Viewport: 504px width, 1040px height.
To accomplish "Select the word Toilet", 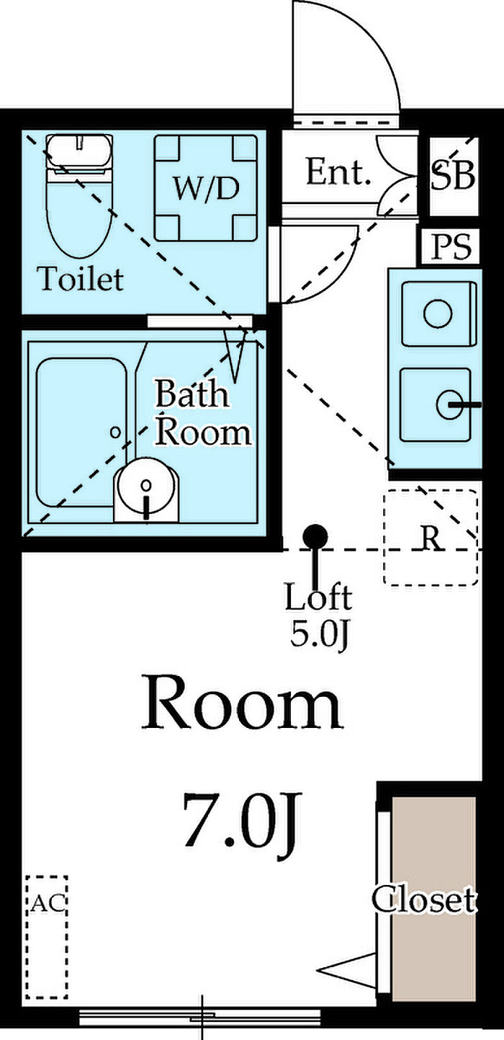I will click(81, 278).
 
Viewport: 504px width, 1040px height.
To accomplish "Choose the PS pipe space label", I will click(451, 247).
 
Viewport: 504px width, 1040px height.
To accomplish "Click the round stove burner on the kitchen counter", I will click(437, 314).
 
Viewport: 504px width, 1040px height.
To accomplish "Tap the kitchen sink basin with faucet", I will click(436, 405).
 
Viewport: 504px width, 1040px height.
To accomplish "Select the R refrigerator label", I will click(431, 537).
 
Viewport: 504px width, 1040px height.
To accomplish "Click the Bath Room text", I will click(203, 413).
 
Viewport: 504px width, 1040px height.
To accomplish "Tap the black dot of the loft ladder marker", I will click(315, 535).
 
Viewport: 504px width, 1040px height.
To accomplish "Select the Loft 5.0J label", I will click(318, 615).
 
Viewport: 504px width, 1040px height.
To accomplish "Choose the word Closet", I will click(423, 899).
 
